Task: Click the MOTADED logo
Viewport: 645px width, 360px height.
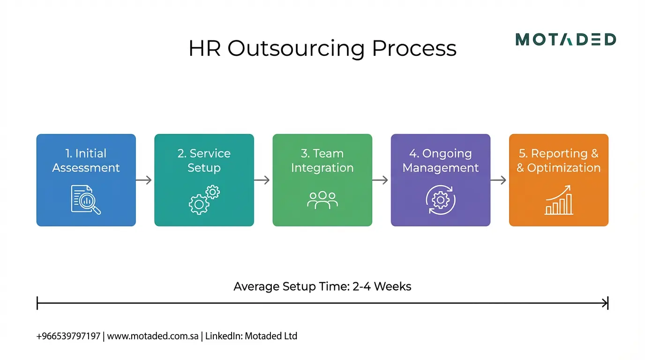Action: [565, 40]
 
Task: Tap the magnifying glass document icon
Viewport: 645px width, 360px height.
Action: [86, 200]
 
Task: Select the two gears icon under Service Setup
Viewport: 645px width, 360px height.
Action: [204, 200]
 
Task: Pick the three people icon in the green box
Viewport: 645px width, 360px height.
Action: [322, 200]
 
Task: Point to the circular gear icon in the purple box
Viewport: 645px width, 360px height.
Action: [441, 200]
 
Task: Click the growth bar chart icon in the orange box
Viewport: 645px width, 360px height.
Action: [559, 200]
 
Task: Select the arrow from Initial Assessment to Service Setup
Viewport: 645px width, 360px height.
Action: [144, 180]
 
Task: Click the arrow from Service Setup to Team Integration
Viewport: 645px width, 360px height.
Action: [262, 180]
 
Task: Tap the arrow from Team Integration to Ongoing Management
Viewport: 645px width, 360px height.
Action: [381, 180]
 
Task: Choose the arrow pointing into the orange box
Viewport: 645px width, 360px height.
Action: [499, 180]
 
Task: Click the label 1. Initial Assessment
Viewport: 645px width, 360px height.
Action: [86, 160]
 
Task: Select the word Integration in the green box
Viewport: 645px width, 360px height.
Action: [322, 168]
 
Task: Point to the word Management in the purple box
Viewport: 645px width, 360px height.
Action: [441, 168]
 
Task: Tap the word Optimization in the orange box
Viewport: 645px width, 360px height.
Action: [564, 168]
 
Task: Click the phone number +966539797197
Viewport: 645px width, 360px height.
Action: [68, 336]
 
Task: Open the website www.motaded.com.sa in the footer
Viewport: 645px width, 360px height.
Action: [153, 336]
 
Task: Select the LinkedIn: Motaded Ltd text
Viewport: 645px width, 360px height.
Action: [251, 336]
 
